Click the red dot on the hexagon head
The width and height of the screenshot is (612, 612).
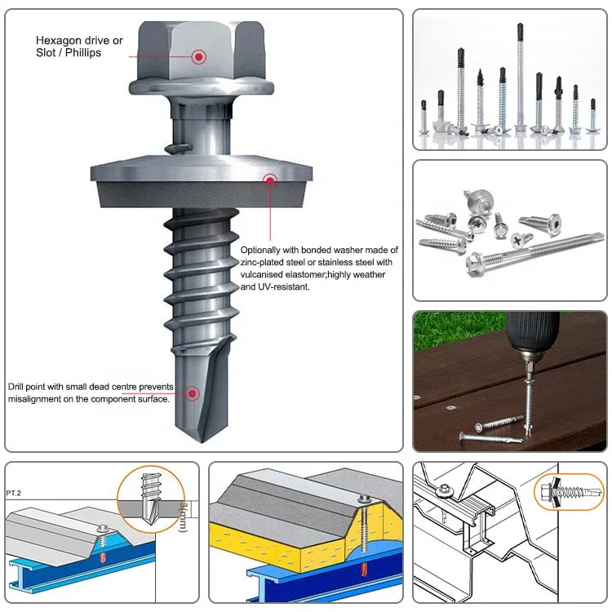198,57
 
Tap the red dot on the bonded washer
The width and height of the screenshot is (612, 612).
270,180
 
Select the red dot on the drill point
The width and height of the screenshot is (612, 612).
192,393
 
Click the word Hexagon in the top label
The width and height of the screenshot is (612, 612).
54,41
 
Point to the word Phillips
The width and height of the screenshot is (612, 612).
83,53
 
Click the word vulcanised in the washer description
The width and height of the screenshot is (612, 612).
261,274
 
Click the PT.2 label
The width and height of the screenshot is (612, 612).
13,494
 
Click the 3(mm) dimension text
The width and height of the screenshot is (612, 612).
183,517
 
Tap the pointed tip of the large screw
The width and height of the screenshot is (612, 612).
202,442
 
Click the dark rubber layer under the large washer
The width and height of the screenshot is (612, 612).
202,194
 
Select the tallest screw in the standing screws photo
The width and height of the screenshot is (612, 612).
521,78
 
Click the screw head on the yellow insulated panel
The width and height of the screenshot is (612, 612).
365,499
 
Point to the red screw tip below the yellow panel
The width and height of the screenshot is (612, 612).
364,568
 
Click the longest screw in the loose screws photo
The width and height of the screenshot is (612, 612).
534,252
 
